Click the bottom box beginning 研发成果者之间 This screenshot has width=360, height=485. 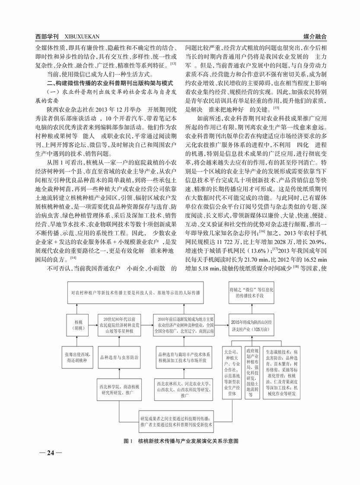pos(176,422)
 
